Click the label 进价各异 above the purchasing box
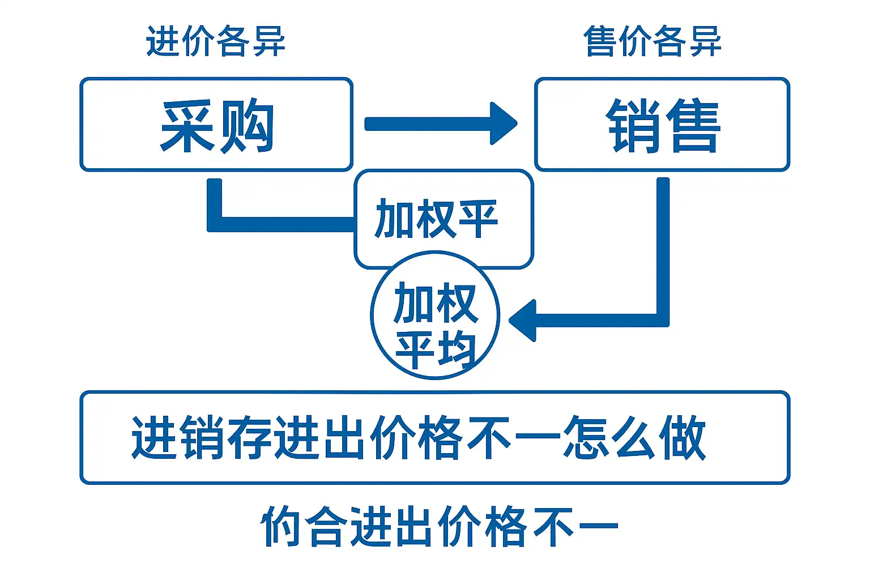pyautogui.click(x=215, y=41)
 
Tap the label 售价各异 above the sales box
pyautogui.click(x=652, y=41)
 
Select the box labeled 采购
pyautogui.click(x=216, y=125)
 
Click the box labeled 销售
pyautogui.click(x=662, y=125)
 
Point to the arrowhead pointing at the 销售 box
pyautogui.click(x=503, y=123)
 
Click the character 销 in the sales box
pyautogui.click(x=633, y=126)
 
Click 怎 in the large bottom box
pyautogui.click(x=585, y=437)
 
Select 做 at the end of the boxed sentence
pyautogui.click(x=682, y=437)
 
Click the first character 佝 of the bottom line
pyautogui.click(x=280, y=527)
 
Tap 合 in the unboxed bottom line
pyautogui.click(x=326, y=527)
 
